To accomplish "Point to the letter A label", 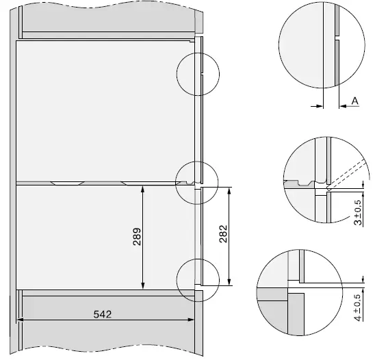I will coord(355,101).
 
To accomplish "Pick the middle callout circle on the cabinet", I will coord(194,182).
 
